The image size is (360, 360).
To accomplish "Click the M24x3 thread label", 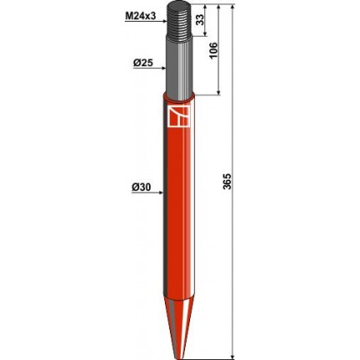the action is [140, 16].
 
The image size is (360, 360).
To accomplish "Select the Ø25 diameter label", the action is [143, 64].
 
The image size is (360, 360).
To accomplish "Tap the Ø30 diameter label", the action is [141, 188].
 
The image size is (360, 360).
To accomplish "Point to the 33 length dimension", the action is [200, 19].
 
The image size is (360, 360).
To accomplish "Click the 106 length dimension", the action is [213, 50].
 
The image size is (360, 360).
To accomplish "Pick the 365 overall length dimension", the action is [228, 182].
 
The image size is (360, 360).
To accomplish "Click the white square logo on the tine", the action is [178, 116].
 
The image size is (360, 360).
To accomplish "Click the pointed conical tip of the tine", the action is [178, 329].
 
